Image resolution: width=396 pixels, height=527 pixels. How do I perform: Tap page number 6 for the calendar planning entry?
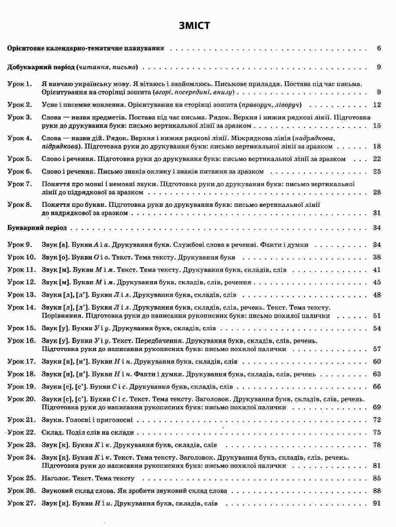(378, 48)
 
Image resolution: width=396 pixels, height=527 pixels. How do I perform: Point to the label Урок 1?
(20, 83)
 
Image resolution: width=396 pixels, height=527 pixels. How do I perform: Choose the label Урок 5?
(20, 159)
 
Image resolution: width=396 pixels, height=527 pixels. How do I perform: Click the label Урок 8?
(20, 204)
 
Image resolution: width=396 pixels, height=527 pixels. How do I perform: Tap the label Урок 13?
(22, 295)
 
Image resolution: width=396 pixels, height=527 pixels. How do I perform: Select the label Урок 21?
(22, 420)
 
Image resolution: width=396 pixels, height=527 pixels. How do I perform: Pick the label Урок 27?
(22, 504)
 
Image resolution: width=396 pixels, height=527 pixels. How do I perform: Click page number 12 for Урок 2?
(376, 105)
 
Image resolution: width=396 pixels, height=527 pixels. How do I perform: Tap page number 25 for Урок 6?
(376, 171)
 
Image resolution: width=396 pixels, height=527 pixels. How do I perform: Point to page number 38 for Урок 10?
(376, 257)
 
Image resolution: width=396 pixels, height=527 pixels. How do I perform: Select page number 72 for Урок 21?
(376, 420)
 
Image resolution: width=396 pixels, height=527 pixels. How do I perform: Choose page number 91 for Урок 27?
(376, 504)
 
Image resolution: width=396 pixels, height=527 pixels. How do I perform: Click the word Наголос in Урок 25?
(56, 478)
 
